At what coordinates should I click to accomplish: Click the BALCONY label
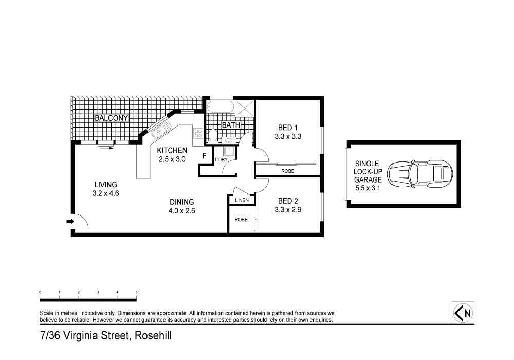[x=111, y=118]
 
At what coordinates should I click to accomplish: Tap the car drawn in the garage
[x=420, y=173]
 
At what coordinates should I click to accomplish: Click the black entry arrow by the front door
[x=70, y=222]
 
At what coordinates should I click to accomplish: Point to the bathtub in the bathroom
[x=221, y=108]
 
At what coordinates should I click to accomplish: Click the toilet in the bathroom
[x=212, y=135]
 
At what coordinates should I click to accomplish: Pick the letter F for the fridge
[x=204, y=156]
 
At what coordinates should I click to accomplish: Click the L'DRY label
[x=221, y=160]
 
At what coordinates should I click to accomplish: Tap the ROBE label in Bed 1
[x=288, y=171]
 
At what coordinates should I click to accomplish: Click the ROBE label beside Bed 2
[x=241, y=219]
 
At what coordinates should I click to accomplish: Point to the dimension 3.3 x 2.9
[x=288, y=210]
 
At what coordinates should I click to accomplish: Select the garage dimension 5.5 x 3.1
[x=368, y=189]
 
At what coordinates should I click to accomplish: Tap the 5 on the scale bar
[x=136, y=292]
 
